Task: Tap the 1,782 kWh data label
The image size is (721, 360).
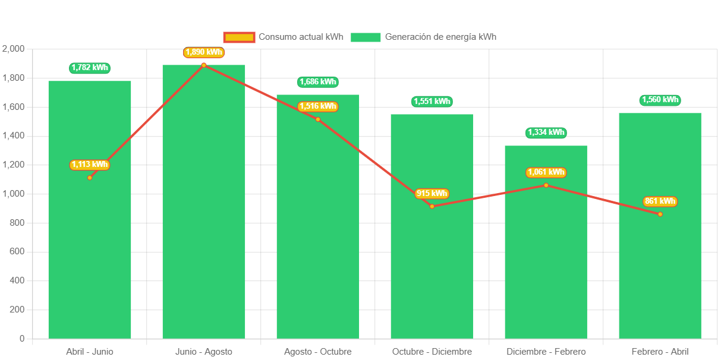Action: [x=90, y=68]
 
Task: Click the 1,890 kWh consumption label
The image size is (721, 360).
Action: [x=203, y=52]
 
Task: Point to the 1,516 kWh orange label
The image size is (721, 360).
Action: [x=317, y=106]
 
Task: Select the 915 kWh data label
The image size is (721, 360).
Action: [x=432, y=194]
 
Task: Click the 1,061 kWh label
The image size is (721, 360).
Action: [x=546, y=172]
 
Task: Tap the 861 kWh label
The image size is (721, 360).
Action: [x=660, y=201]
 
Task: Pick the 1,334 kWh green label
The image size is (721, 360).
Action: [x=546, y=132]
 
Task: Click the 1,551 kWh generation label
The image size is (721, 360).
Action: [x=432, y=102]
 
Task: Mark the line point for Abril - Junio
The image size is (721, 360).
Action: [x=90, y=178]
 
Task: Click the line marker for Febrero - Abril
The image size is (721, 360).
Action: [x=660, y=214]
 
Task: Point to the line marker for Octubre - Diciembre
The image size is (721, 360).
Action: [x=432, y=206]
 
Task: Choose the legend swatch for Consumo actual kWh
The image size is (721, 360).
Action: [x=239, y=37]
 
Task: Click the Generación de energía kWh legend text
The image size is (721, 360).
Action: [x=440, y=37]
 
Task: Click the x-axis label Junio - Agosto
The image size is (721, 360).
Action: [x=203, y=352]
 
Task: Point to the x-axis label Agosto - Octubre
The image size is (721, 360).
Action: [x=317, y=352]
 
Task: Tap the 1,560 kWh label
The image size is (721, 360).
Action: [x=660, y=100]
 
